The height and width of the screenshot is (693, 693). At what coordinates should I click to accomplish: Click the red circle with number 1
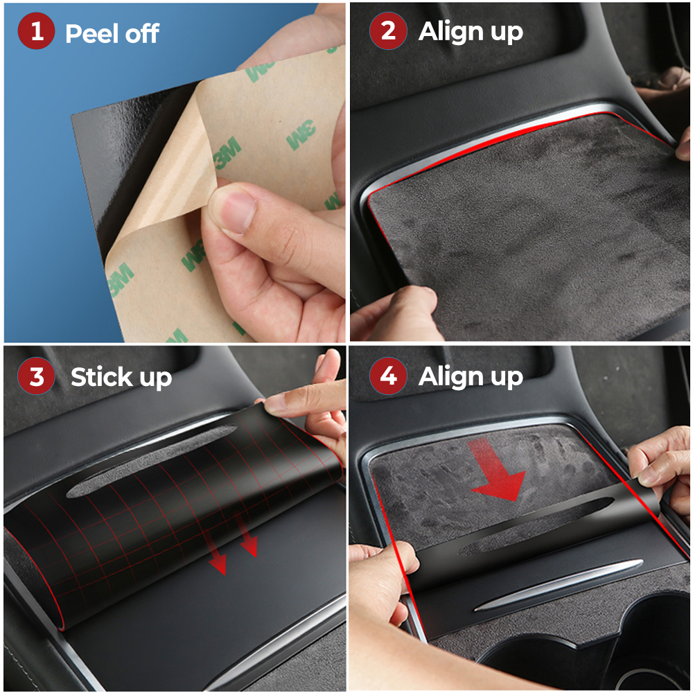point(37,33)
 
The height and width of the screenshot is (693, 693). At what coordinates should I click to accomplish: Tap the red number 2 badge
point(388,31)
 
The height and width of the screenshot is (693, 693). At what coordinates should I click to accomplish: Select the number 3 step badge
point(37,377)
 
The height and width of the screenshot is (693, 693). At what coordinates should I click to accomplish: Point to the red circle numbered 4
point(388,377)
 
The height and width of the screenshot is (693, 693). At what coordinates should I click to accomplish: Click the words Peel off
point(112,33)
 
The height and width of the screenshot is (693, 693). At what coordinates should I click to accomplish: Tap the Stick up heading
point(121,378)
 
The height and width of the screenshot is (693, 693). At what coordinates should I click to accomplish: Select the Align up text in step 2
point(471,31)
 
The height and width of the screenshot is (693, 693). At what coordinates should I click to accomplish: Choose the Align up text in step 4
point(471,377)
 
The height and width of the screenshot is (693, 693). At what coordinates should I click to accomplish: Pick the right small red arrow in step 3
point(247,541)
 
